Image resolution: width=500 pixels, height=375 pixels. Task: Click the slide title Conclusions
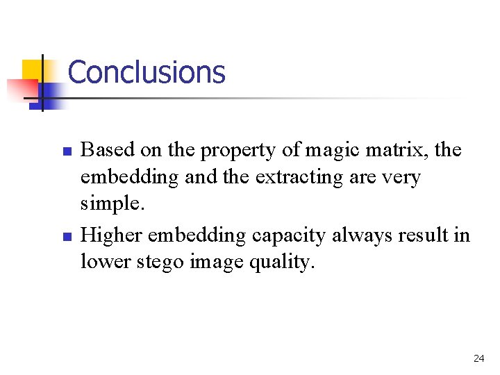[147, 72]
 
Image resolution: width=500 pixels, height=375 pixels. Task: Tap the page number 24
[478, 358]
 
